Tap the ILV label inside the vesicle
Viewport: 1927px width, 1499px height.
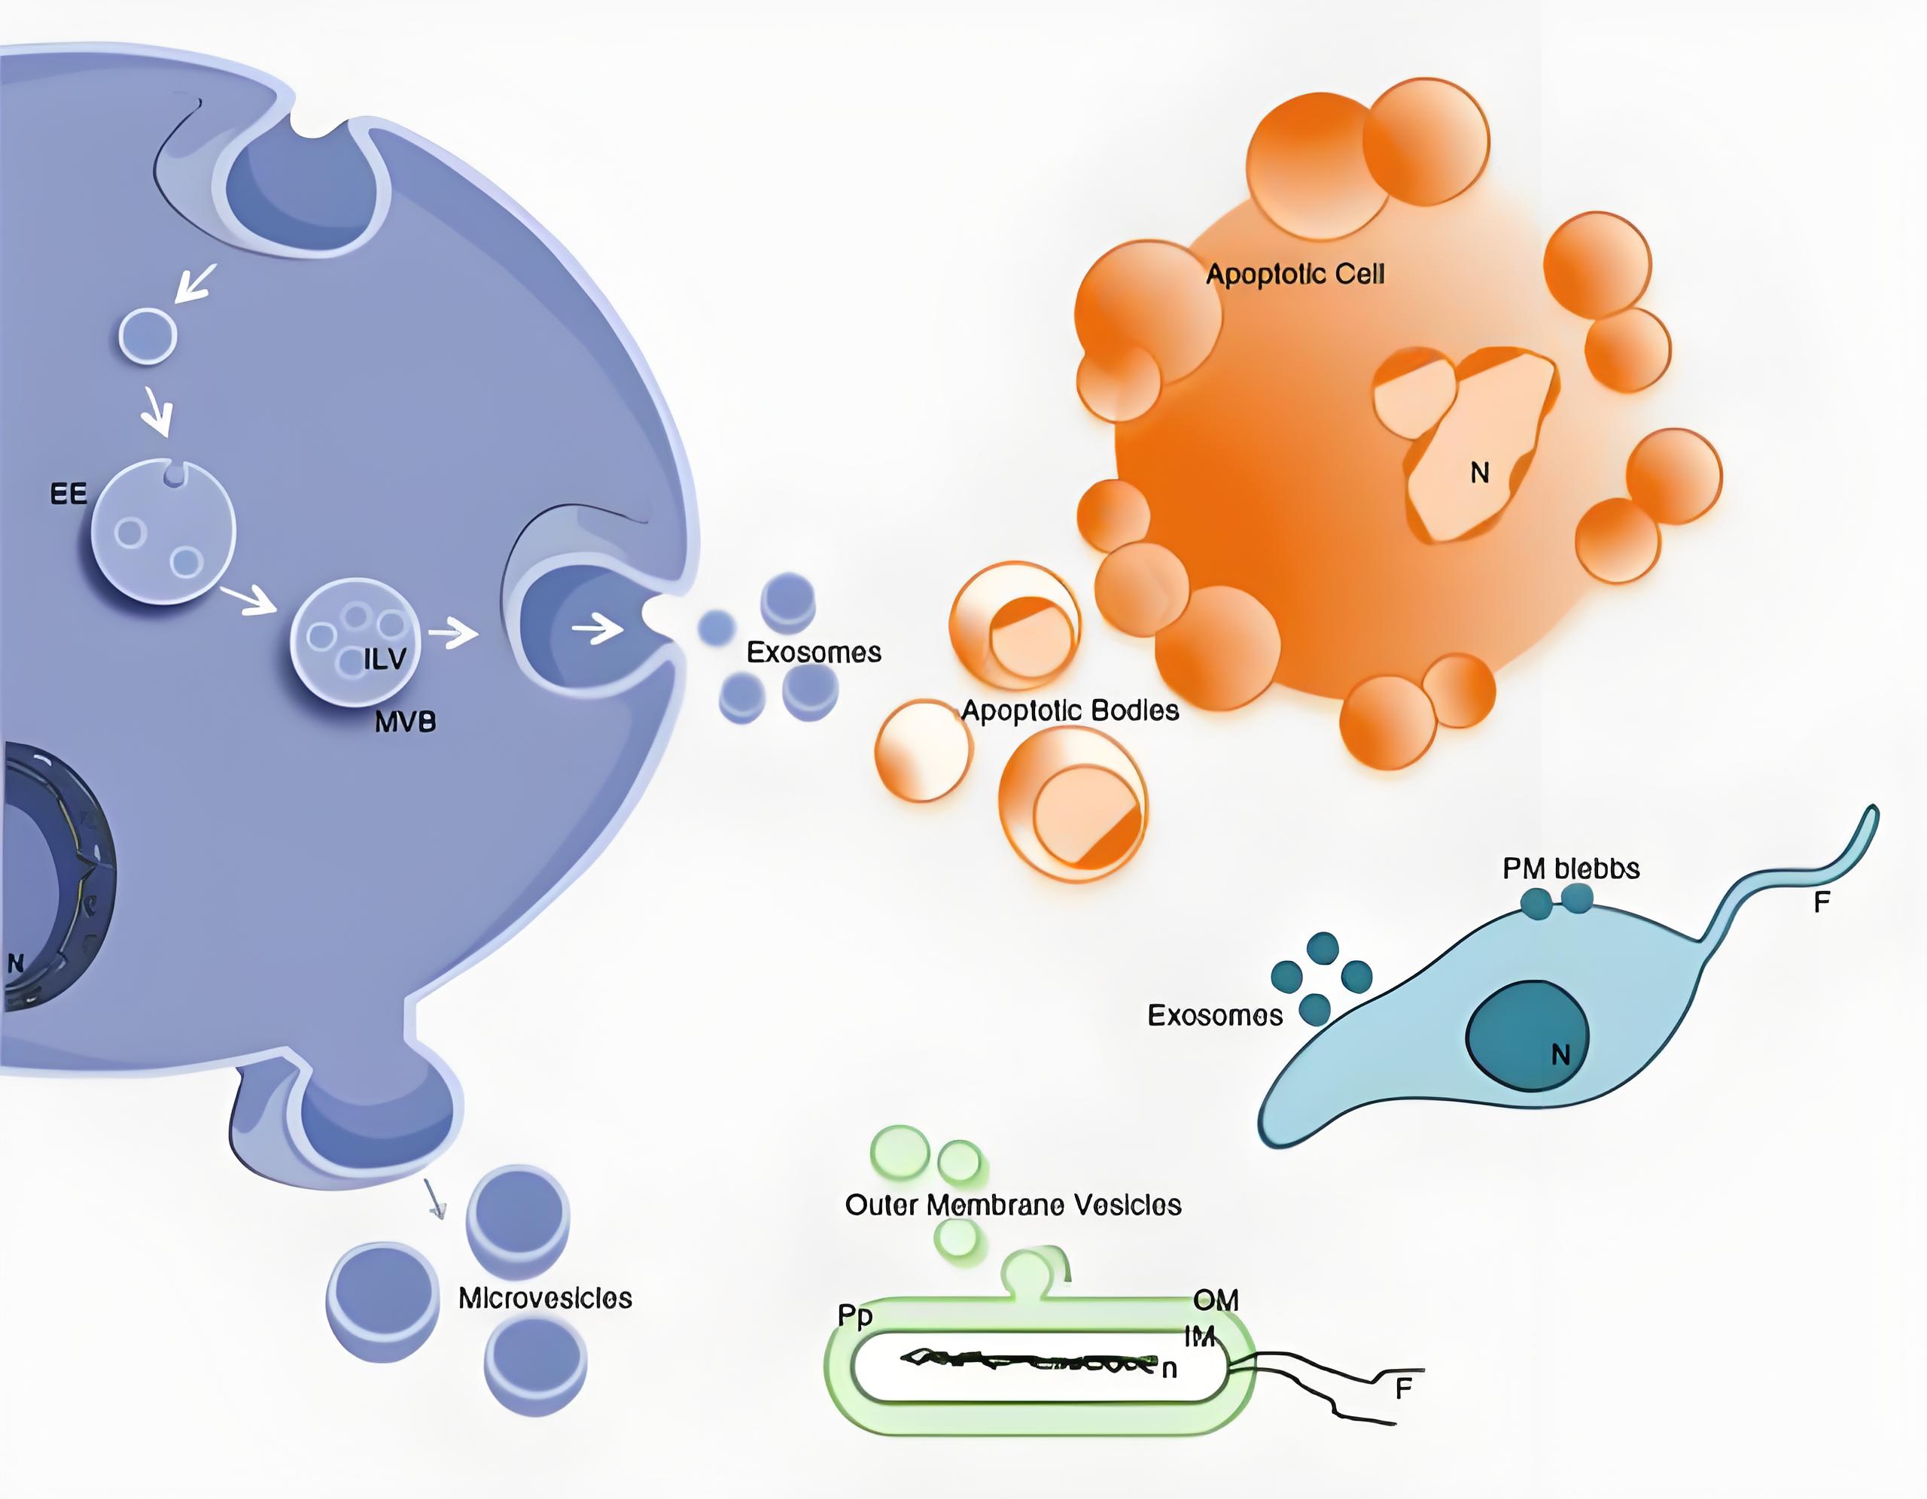tap(385, 659)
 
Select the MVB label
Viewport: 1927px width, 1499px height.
tap(405, 722)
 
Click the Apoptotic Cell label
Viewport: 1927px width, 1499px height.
tap(1295, 275)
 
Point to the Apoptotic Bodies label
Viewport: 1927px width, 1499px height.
tap(1070, 710)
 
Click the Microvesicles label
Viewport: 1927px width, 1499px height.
tap(545, 1298)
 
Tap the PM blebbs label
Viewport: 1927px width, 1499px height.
tap(1572, 868)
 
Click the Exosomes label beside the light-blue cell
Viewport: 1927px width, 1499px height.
tap(1215, 1015)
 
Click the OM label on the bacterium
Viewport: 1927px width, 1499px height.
tap(1216, 1300)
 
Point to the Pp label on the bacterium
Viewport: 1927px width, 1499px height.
tap(855, 1316)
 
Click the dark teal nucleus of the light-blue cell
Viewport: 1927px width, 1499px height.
tap(1527, 1037)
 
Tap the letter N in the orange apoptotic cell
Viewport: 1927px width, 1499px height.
tap(1480, 473)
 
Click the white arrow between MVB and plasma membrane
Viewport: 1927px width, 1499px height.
tap(453, 633)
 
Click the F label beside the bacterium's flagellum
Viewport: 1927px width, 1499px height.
tap(1404, 1388)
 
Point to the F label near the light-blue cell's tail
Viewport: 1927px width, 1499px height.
tap(1821, 902)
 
